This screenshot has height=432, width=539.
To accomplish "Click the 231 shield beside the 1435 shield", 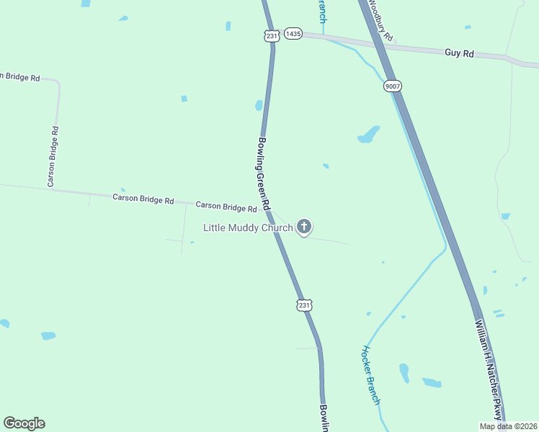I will [x=270, y=36].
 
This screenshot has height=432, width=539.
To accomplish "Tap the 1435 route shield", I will [x=293, y=34].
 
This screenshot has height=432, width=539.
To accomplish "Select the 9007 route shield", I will [x=393, y=86].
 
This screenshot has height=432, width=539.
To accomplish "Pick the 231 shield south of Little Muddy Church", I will [x=304, y=305].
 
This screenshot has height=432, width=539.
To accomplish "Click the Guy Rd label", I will [x=459, y=53].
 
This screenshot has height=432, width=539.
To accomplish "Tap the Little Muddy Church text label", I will [x=248, y=228].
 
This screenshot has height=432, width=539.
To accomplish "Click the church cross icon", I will [x=304, y=228].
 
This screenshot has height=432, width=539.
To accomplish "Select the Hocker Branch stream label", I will [x=371, y=374].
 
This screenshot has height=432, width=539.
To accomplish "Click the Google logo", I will [x=24, y=423].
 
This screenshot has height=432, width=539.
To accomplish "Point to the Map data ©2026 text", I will [x=508, y=426].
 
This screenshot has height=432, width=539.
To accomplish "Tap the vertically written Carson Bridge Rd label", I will [x=53, y=156].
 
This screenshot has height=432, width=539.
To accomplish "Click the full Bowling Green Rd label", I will [x=263, y=174].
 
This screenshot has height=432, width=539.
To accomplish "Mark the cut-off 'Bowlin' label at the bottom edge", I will [x=324, y=418].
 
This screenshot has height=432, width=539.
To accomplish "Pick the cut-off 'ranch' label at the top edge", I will [x=321, y=10].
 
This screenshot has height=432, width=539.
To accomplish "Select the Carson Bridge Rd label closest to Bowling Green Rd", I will [x=226, y=207].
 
